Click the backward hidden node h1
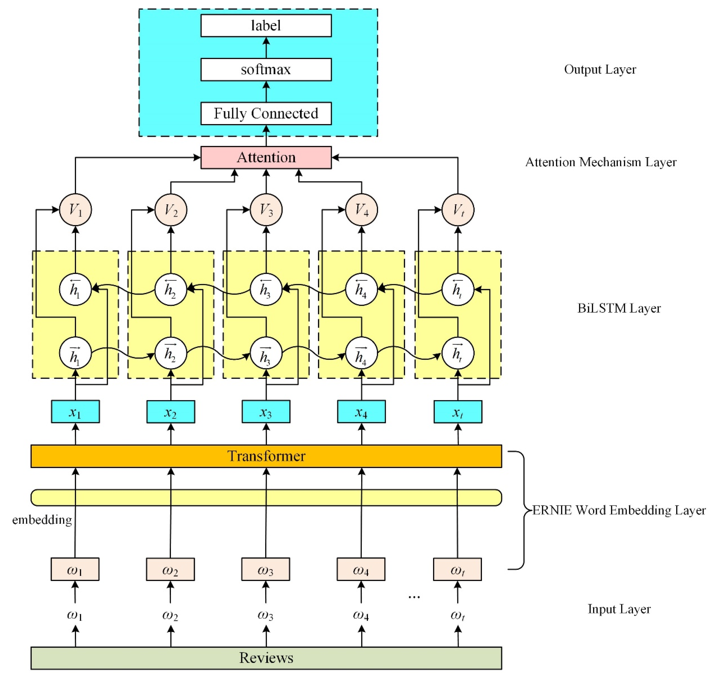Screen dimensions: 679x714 click(75, 290)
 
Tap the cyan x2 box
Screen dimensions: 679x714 click(170, 412)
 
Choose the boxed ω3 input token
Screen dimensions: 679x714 click(265, 569)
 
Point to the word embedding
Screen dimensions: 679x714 click(42, 520)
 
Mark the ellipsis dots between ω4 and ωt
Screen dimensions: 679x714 click(414, 597)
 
